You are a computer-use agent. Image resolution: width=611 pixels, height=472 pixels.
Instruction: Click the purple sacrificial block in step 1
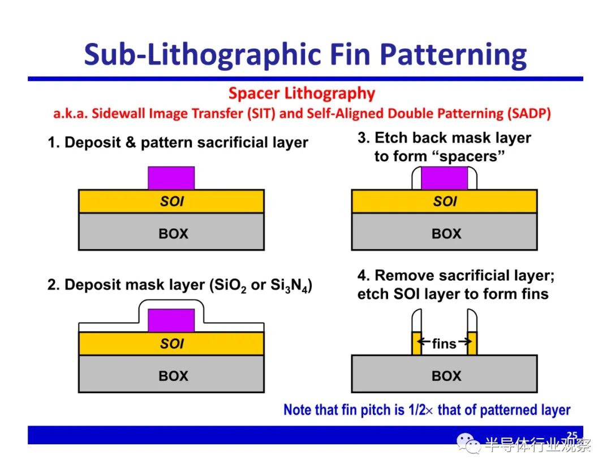click(171, 178)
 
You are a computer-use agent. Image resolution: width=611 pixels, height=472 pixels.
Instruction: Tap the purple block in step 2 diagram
click(171, 320)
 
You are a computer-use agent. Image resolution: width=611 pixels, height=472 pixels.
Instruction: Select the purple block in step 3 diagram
click(444, 178)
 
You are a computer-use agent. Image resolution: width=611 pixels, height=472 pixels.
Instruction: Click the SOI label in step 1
click(172, 201)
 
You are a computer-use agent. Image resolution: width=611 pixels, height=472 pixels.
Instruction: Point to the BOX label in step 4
click(446, 376)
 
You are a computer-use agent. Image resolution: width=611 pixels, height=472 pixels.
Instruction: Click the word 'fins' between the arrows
click(444, 344)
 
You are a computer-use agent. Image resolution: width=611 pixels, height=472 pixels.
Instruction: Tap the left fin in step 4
click(416, 344)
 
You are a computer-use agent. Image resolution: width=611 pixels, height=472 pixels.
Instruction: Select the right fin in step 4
click(472, 344)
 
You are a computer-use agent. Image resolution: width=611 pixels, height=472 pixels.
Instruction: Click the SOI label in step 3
click(445, 201)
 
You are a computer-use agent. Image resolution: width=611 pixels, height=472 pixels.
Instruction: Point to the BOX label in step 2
click(174, 376)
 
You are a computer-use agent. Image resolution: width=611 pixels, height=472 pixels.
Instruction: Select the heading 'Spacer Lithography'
click(302, 93)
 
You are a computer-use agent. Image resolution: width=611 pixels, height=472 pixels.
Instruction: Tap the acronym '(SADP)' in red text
click(529, 113)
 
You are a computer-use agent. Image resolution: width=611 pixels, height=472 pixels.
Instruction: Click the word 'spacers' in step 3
click(468, 157)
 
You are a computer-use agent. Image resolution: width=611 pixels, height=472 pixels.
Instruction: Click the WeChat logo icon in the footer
click(468, 444)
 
